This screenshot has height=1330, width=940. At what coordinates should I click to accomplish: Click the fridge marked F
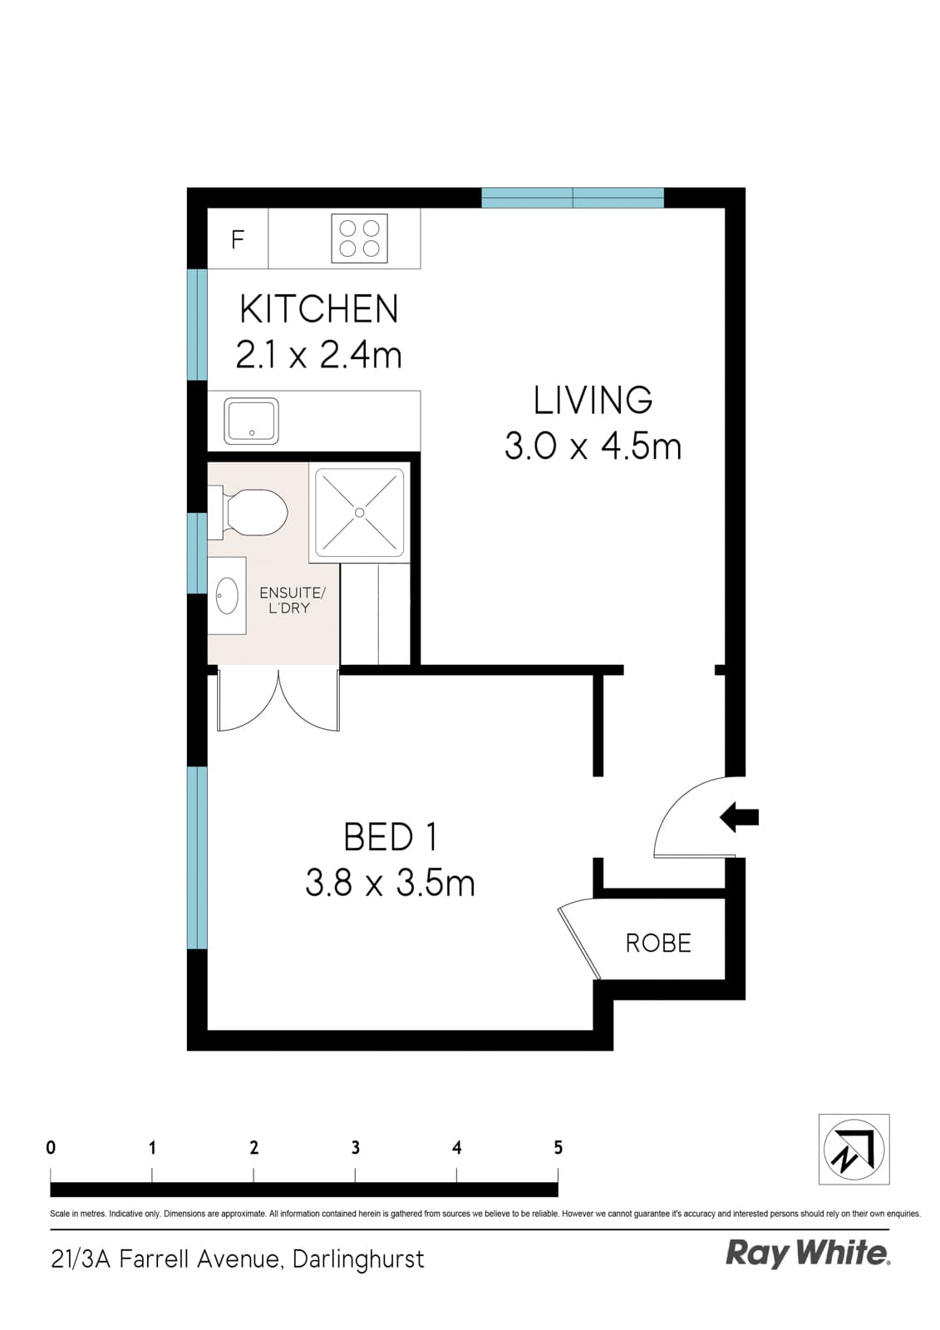[x=238, y=239]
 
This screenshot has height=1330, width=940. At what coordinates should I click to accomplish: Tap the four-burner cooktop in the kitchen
[x=360, y=239]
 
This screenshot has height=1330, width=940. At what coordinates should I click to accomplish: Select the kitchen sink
[x=251, y=421]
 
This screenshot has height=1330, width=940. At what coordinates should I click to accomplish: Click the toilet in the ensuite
[x=253, y=512]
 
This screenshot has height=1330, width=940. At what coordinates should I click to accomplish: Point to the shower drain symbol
[x=359, y=513]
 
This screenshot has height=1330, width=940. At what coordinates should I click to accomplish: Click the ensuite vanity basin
[x=225, y=595]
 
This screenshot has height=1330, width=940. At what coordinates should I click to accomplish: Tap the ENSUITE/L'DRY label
[x=292, y=600]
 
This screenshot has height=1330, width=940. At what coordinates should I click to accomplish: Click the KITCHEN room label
[x=319, y=309]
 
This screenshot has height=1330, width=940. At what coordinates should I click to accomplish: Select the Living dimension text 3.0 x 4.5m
[x=593, y=447]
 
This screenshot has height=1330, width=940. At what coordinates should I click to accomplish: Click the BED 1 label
[x=390, y=837]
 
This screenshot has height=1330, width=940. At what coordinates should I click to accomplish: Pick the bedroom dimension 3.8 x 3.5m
[x=390, y=883]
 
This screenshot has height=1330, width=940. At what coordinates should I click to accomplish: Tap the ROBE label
[x=658, y=943]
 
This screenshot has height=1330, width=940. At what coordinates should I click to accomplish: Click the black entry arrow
[x=739, y=817]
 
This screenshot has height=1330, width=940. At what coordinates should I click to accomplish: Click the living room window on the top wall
[x=573, y=198]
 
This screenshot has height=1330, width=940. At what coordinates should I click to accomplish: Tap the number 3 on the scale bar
[x=355, y=1148]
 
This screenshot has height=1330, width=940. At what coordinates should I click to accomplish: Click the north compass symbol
[x=854, y=1149]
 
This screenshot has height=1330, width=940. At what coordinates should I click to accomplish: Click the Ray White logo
[x=808, y=1253]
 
